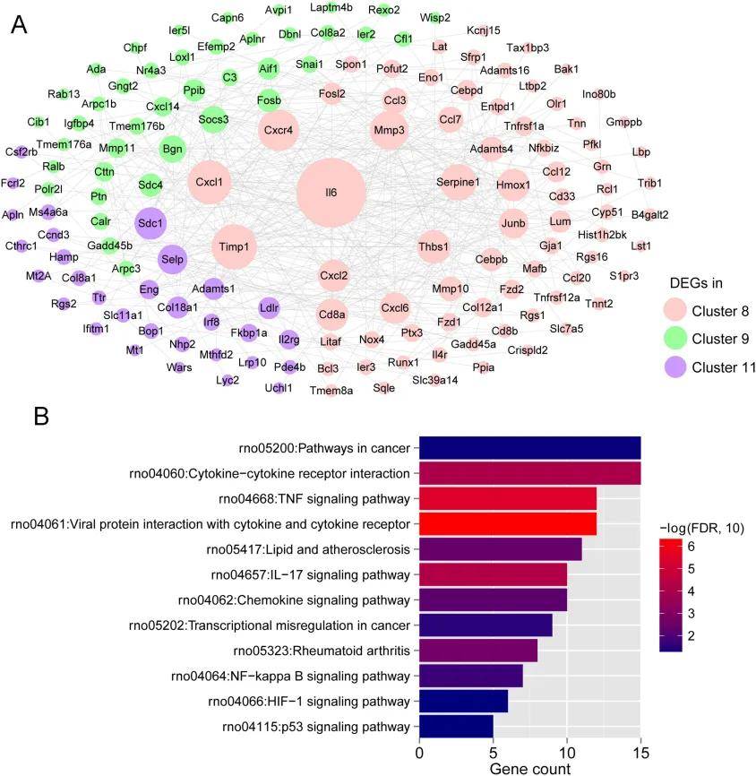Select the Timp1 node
coord(234,246)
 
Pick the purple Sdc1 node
coord(150,223)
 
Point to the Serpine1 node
coord(458,182)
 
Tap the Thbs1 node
coord(434,246)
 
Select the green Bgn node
coord(173,149)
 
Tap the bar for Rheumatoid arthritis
coord(478,651)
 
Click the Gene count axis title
coord(529,768)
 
